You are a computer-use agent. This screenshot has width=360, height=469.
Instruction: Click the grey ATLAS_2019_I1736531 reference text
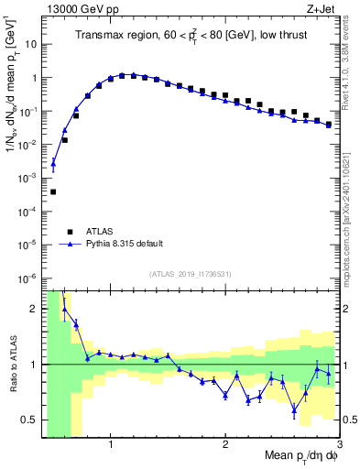pos(191,274)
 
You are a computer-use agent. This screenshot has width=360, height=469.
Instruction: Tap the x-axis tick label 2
pos(225,445)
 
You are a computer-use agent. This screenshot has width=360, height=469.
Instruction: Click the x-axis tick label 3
pos(338,445)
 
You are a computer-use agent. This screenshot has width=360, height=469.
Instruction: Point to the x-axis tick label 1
pos(111,445)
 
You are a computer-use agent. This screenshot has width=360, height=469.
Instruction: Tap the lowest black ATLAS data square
pos(53,191)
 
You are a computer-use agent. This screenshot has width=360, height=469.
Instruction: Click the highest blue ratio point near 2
pos(64,310)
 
